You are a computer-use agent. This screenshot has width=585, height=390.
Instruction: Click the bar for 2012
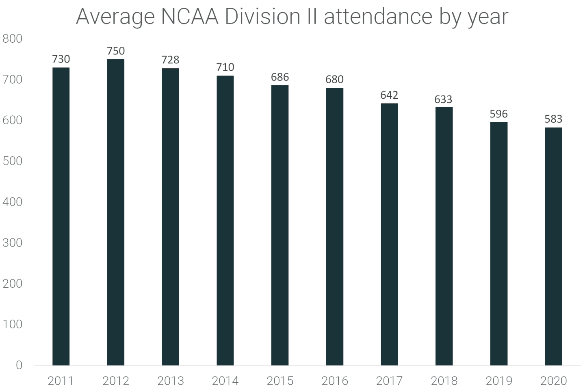tap(116, 212)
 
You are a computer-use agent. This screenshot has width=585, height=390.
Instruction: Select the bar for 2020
tap(553, 246)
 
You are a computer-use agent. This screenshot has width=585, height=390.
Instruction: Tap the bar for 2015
tap(280, 225)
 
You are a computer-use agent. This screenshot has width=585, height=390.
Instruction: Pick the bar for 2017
tap(389, 234)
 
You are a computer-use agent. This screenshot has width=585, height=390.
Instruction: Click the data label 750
tap(116, 51)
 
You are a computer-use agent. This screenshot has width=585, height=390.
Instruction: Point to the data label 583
tap(553, 119)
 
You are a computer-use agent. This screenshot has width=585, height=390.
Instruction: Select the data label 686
tap(280, 77)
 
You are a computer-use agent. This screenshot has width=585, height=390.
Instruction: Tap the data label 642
tap(389, 95)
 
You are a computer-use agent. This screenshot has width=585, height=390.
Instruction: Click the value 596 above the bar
tap(498, 114)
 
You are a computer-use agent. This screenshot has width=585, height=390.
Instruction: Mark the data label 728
tap(170, 60)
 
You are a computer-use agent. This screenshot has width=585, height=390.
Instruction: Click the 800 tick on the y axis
tap(12, 39)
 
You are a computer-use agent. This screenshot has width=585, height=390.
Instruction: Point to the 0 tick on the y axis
tap(19, 365)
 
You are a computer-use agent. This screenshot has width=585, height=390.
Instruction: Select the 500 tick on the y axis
tap(12, 161)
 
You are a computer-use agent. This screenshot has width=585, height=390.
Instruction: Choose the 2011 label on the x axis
tap(61, 381)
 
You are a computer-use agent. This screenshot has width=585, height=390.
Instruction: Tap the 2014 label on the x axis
tap(225, 381)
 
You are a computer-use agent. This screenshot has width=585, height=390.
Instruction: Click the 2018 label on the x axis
tap(444, 381)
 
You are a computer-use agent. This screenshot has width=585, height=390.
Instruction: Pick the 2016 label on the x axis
tap(334, 381)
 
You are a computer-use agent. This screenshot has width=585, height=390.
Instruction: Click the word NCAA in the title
tap(189, 17)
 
